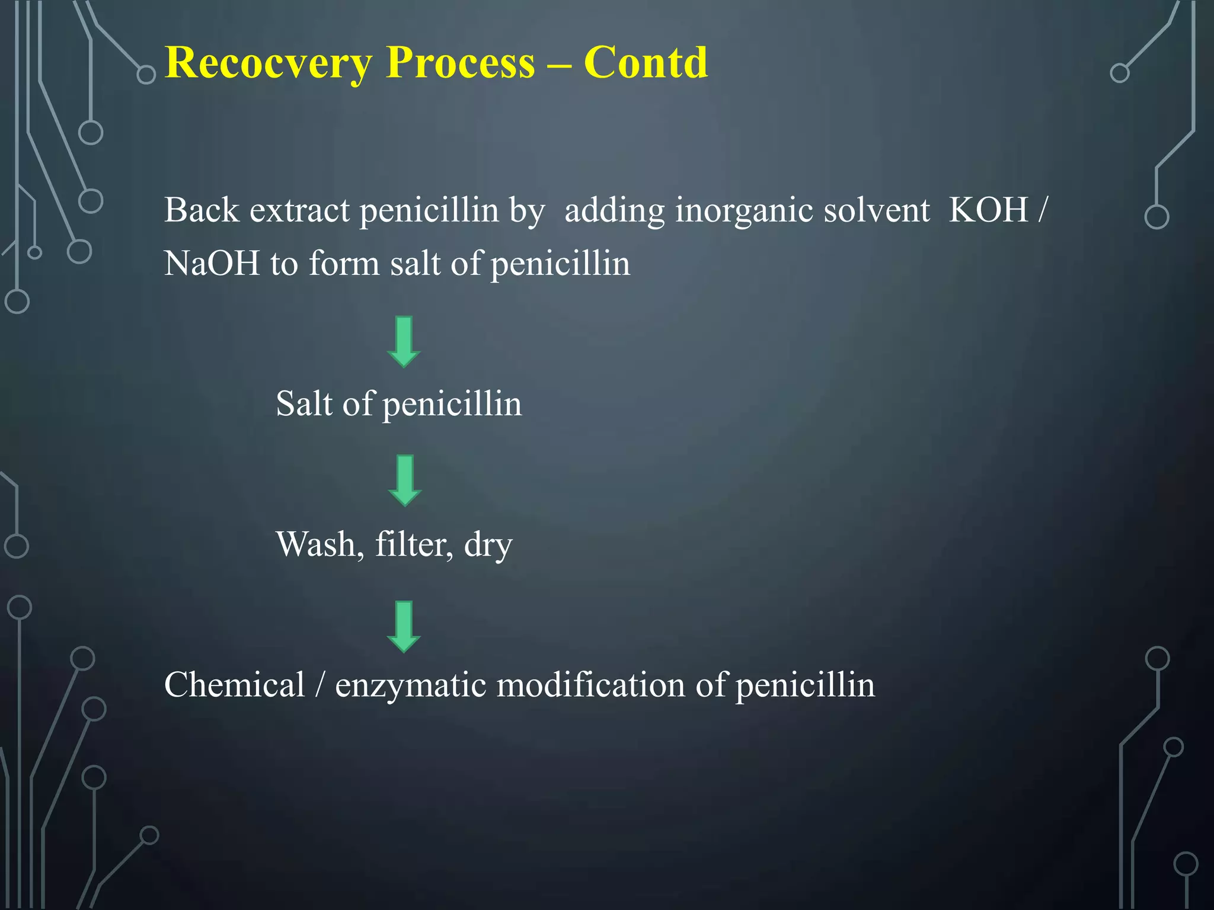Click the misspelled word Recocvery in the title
pyautogui.click(x=269, y=63)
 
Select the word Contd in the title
pyautogui.click(x=646, y=62)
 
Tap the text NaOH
pyautogui.click(x=212, y=263)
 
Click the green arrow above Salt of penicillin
pyautogui.click(x=404, y=342)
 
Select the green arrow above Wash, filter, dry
pyautogui.click(x=404, y=480)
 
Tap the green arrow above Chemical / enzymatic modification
pyautogui.click(x=404, y=627)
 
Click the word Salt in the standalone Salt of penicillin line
pyautogui.click(x=304, y=403)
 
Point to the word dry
pyautogui.click(x=488, y=545)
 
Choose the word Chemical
pyautogui.click(x=234, y=685)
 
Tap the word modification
pyautogui.click(x=590, y=685)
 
